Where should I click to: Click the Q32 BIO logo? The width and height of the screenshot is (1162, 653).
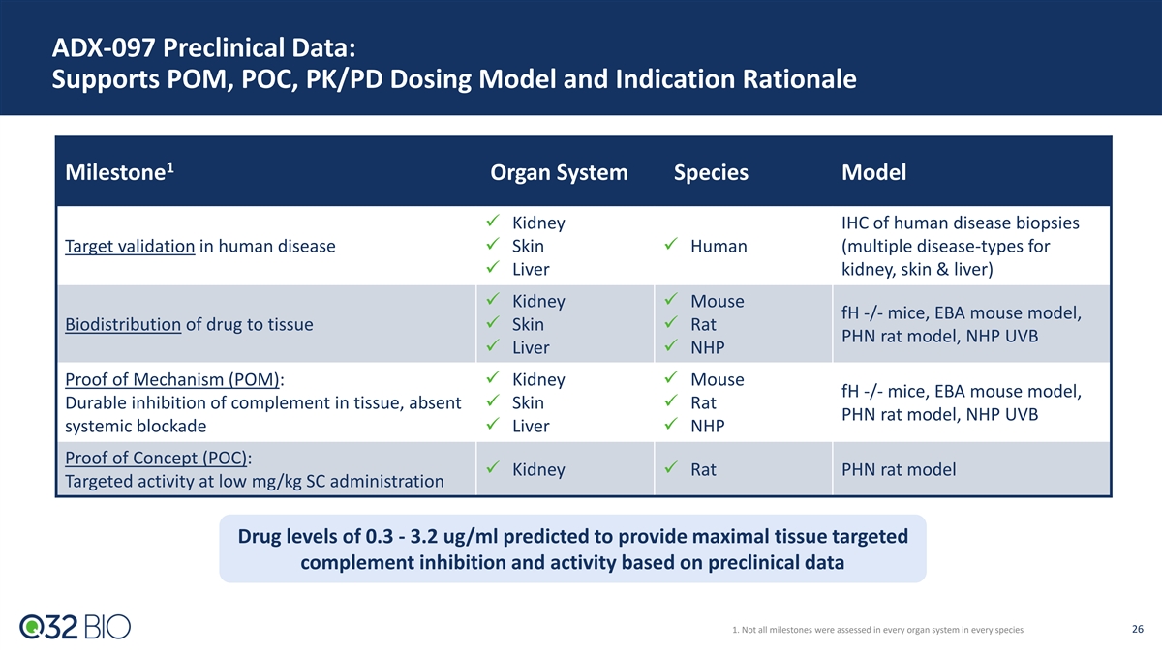pyautogui.click(x=76, y=627)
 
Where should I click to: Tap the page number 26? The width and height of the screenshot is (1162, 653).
pyautogui.click(x=1138, y=629)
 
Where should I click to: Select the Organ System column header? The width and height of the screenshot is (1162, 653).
pyautogui.click(x=559, y=172)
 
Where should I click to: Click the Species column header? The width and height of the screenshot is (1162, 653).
pyautogui.click(x=711, y=172)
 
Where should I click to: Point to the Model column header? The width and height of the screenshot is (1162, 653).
pyautogui.click(x=873, y=172)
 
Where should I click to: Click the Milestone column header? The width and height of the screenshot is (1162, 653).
pyautogui.click(x=119, y=172)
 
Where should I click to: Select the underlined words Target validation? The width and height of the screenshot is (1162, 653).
pyautogui.click(x=130, y=246)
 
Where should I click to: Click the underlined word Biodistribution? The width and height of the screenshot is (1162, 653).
pyautogui.click(x=123, y=324)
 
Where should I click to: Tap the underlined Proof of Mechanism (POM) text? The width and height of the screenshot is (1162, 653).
pyautogui.click(x=172, y=380)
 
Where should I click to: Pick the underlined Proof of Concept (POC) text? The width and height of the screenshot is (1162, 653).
pyautogui.click(x=156, y=459)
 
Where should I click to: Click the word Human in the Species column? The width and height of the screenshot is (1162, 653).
pyautogui.click(x=719, y=246)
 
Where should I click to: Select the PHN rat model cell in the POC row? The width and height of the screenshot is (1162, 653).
pyautogui.click(x=899, y=469)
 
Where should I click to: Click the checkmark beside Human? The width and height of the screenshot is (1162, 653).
pyautogui.click(x=671, y=244)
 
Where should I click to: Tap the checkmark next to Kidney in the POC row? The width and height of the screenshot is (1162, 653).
pyautogui.click(x=493, y=467)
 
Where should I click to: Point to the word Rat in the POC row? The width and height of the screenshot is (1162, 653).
pyautogui.click(x=703, y=469)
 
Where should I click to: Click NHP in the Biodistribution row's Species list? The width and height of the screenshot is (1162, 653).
pyautogui.click(x=707, y=347)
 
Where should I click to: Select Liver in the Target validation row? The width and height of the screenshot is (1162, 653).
pyautogui.click(x=531, y=270)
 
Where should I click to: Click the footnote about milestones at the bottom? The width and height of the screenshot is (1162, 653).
pyautogui.click(x=877, y=630)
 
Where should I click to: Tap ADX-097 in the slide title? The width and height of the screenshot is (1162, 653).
pyautogui.click(x=104, y=47)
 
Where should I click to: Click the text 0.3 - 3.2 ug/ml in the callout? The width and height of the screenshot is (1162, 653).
pyautogui.click(x=432, y=536)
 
